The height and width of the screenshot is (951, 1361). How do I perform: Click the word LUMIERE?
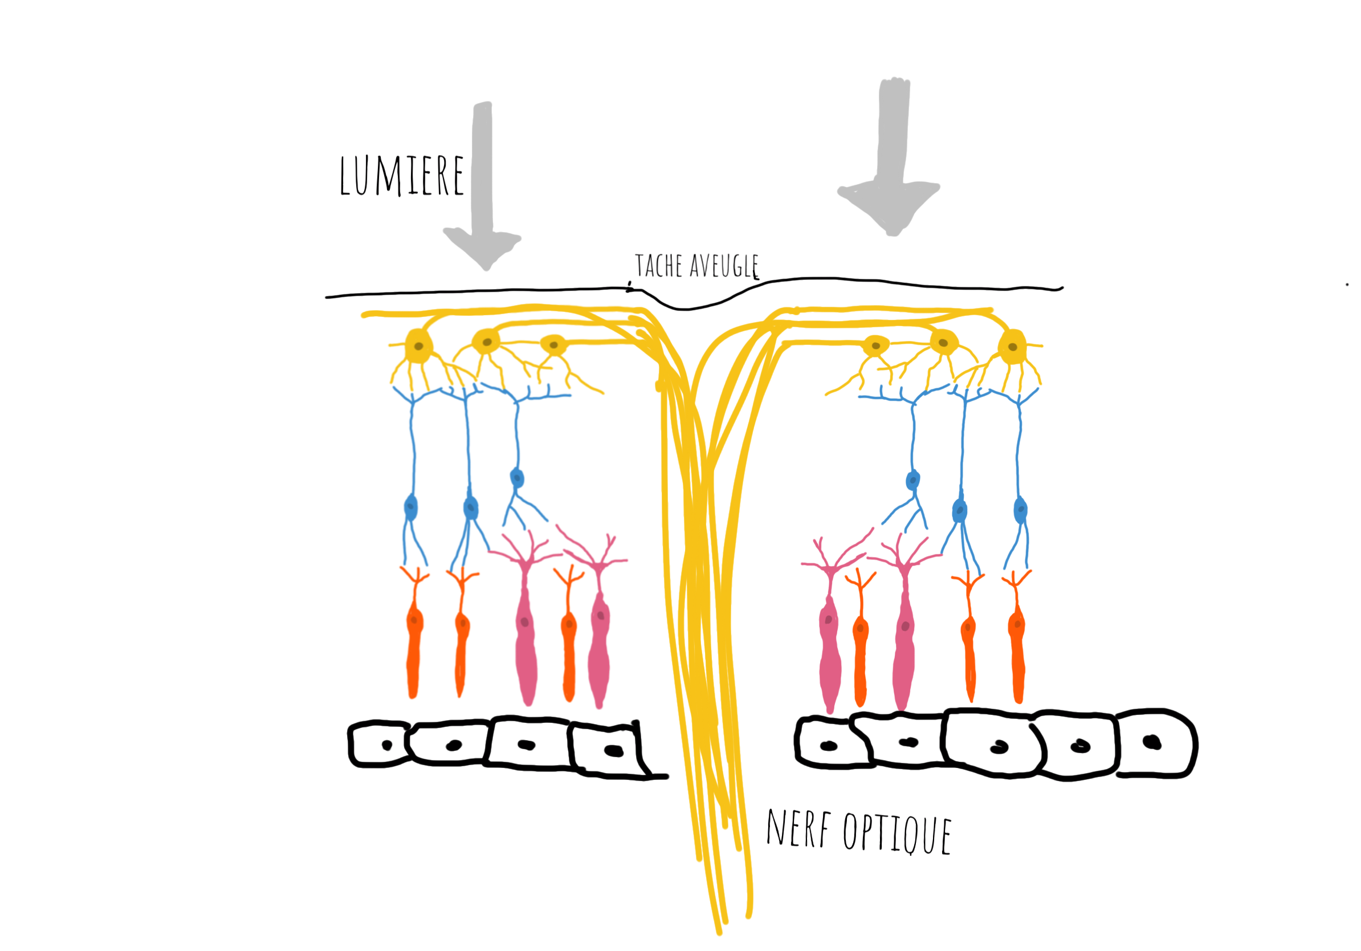pyautogui.click(x=401, y=176)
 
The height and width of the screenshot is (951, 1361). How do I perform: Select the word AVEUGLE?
pyautogui.click(x=724, y=266)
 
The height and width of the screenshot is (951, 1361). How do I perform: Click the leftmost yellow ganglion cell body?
pyautogui.click(x=418, y=346)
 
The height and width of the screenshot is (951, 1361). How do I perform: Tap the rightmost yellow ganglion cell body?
pyautogui.click(x=1012, y=347)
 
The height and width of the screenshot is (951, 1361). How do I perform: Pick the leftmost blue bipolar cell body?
pyautogui.click(x=411, y=507)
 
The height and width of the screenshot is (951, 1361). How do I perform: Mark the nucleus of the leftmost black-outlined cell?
pyautogui.click(x=387, y=745)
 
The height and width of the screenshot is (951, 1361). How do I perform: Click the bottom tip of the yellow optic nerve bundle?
pyautogui.click(x=719, y=932)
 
